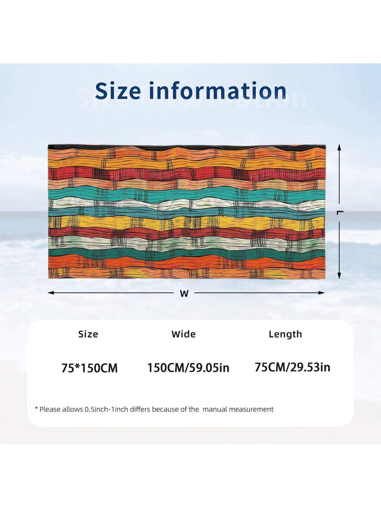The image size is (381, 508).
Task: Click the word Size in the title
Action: click(118, 91)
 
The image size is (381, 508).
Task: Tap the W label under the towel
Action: click(184, 294)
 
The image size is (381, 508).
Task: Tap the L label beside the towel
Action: click(340, 212)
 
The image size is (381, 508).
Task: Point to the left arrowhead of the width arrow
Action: click(51, 293)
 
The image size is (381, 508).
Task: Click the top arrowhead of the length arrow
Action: click(339, 148)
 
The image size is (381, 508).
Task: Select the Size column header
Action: click(88, 334)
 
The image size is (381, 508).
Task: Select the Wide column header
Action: click(184, 334)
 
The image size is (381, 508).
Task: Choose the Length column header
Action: click(285, 334)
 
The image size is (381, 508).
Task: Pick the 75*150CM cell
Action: click(89, 368)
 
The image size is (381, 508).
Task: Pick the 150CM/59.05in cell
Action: click(188, 368)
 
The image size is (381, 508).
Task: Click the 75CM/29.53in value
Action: click(292, 367)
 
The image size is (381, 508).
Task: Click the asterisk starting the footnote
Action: click(36, 409)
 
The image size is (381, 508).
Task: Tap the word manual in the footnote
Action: click(214, 409)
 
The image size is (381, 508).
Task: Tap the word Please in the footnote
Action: click(50, 409)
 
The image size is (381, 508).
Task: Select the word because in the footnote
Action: click(166, 409)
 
